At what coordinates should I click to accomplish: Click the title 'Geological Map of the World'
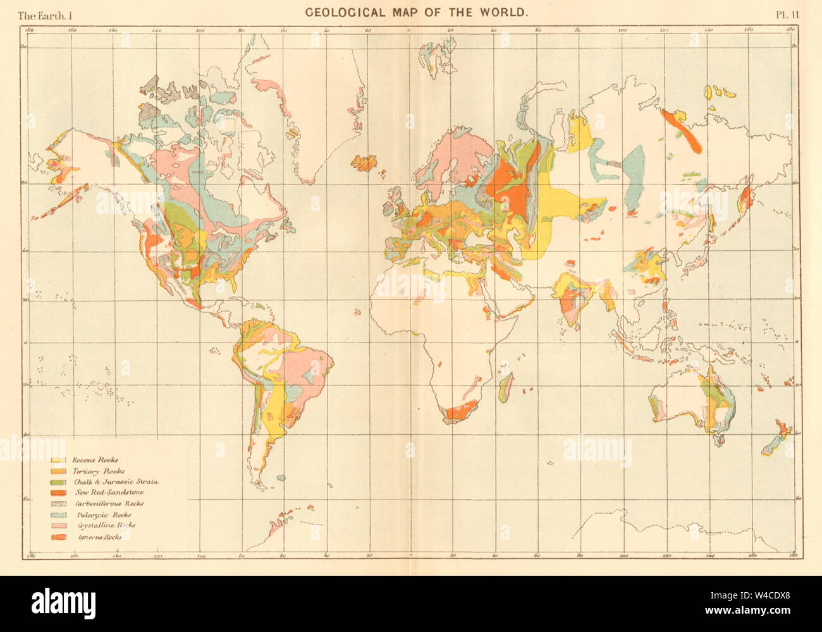click(x=417, y=12)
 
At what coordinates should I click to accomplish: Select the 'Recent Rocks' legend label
click(x=95, y=460)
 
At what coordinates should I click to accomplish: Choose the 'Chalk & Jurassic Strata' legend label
click(x=115, y=482)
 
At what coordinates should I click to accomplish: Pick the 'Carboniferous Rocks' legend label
click(x=109, y=504)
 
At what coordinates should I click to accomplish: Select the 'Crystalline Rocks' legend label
click(x=104, y=525)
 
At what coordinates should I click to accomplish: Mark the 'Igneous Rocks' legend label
click(x=97, y=537)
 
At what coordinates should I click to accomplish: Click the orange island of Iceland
click(x=365, y=162)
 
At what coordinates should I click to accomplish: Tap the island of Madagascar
click(x=505, y=387)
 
